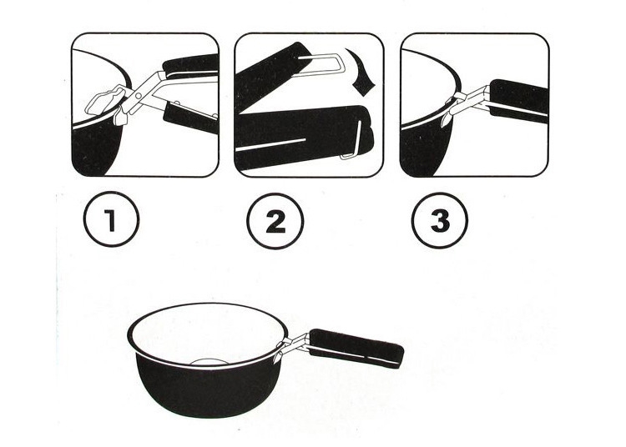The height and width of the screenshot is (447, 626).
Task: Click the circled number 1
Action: click(111, 219)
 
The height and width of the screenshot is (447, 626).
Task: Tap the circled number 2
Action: click(275, 221)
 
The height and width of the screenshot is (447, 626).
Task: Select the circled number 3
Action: click(440, 220)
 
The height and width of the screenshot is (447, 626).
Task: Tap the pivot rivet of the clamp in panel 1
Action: click(138, 96)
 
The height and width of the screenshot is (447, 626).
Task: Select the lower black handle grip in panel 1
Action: click(191, 117)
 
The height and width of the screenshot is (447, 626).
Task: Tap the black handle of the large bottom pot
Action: click(356, 348)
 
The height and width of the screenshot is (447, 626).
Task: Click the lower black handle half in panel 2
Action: click(304, 138)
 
